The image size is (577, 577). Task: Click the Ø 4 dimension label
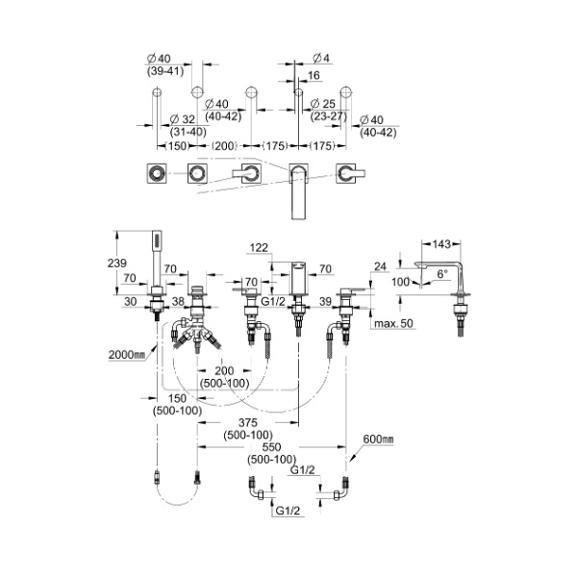(x=320, y=60)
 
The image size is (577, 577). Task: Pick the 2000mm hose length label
(x=126, y=355)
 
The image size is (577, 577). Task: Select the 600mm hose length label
(x=380, y=440)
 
